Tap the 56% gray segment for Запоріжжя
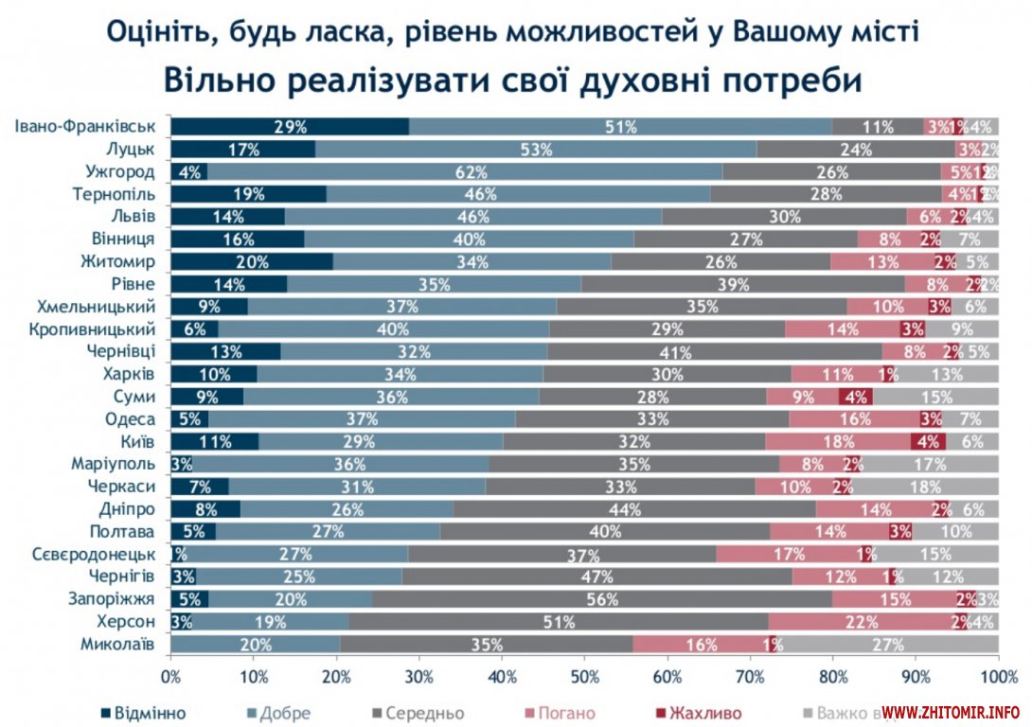tap(602, 599)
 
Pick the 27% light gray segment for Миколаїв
tap(886, 645)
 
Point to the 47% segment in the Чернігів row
tap(597, 576)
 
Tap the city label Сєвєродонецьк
tap(91, 554)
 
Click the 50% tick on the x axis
tap(584, 677)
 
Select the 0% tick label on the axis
tap(170, 677)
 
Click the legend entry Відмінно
tap(144, 712)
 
